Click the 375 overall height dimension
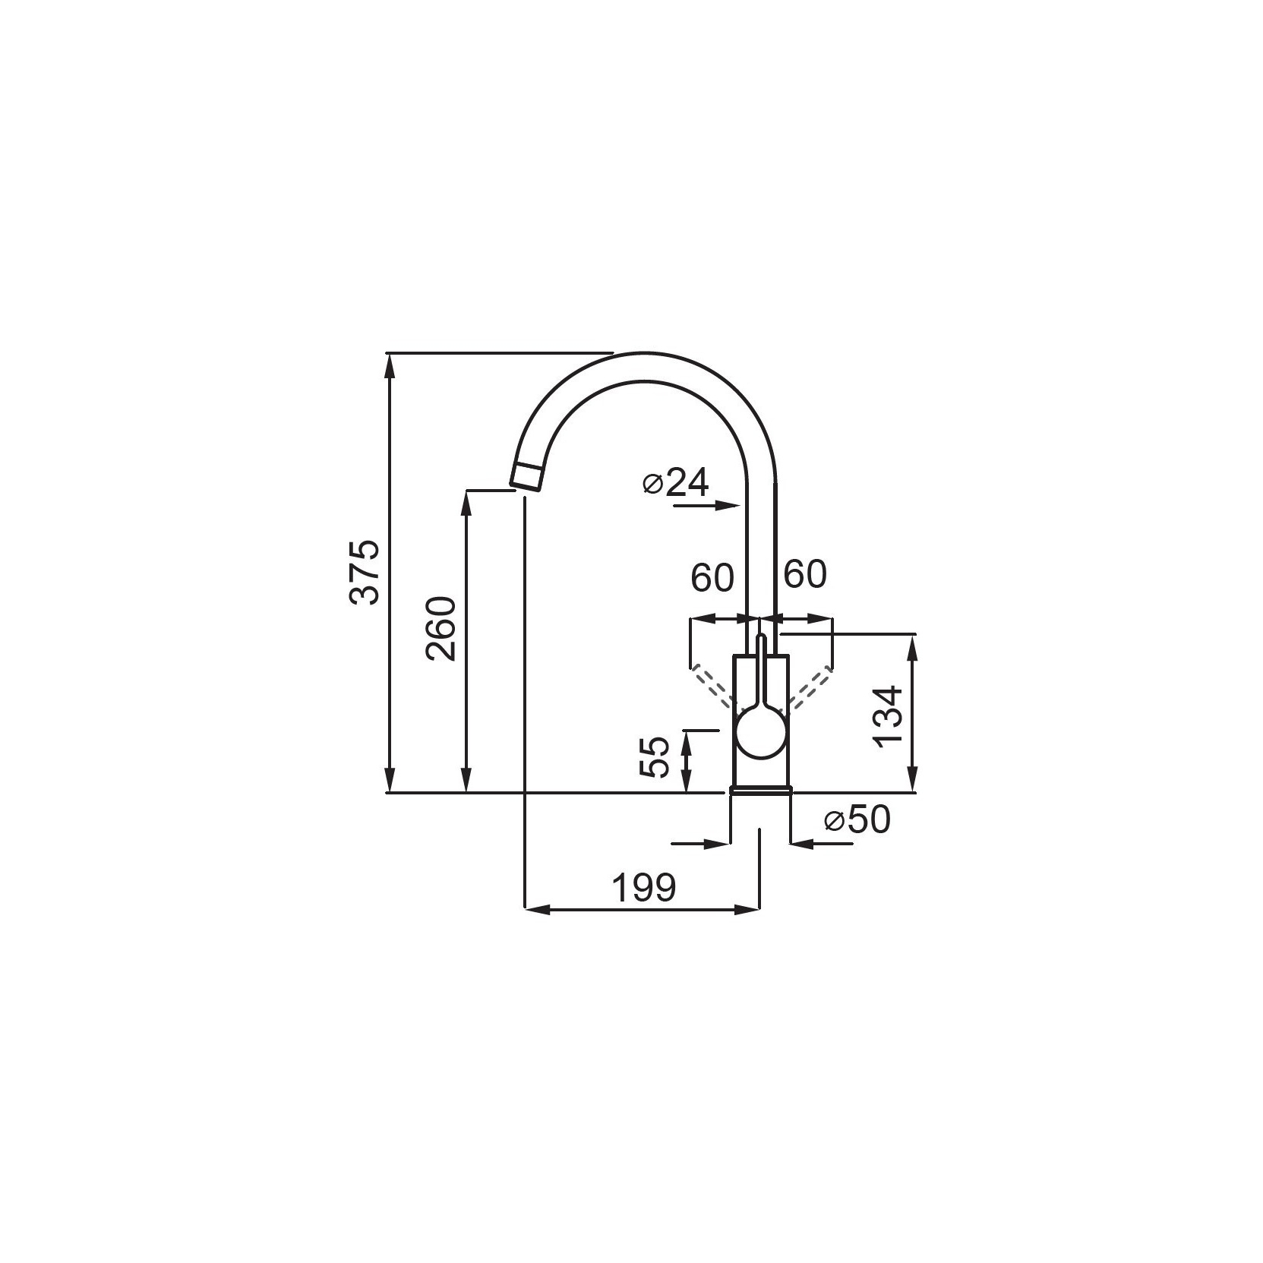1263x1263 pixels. pyautogui.click(x=368, y=573)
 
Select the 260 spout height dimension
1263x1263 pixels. pyautogui.click(x=442, y=629)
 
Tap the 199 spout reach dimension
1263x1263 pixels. pyautogui.click(x=644, y=887)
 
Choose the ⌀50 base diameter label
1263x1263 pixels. pyautogui.click(x=857, y=820)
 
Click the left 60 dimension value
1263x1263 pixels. pyautogui.click(x=712, y=579)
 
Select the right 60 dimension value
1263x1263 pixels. pyautogui.click(x=804, y=575)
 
